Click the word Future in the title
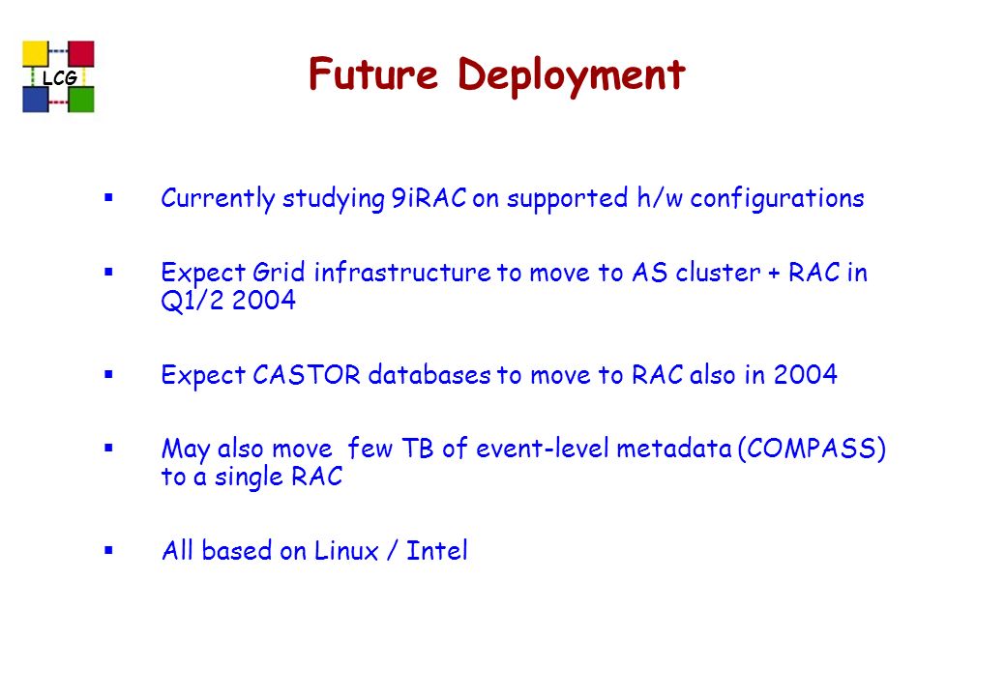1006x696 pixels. tap(373, 73)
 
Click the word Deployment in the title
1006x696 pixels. tap(572, 76)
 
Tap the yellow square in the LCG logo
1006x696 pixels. tap(36, 54)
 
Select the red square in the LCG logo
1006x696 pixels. tap(81, 54)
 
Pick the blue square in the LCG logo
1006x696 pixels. tap(36, 100)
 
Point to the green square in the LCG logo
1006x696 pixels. tap(81, 100)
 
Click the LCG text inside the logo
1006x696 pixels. tap(60, 77)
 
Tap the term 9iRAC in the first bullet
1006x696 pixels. tap(429, 197)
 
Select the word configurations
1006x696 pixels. tap(777, 199)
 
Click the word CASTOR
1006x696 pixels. tap(306, 375)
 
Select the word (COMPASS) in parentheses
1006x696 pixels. tap(812, 449)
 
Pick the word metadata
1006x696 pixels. tap(673, 448)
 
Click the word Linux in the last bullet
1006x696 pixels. tap(346, 551)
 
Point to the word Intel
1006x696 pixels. tap(437, 551)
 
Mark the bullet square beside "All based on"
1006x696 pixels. tap(108, 550)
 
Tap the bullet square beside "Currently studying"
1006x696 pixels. tap(108, 197)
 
